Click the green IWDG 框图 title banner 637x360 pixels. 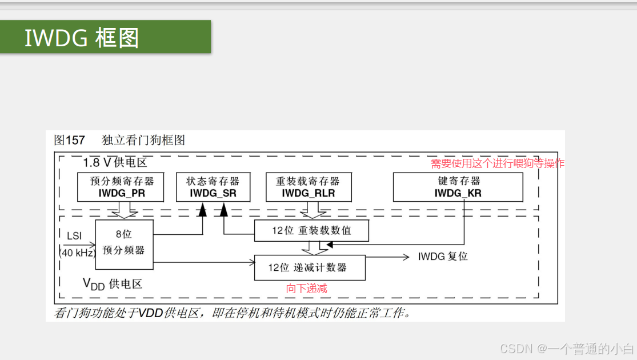click(105, 37)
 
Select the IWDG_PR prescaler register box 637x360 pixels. click(122, 187)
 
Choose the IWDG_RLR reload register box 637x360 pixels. click(309, 187)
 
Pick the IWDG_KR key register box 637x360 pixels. click(458, 187)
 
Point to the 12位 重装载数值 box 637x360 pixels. click(311, 231)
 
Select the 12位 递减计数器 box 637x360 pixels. click(309, 267)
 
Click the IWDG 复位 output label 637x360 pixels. click(443, 257)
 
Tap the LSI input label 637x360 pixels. click(74, 235)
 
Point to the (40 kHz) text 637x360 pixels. click(77, 253)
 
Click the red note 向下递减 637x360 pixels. click(307, 289)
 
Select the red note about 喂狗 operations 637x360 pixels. click(497, 163)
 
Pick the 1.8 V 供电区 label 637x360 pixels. click(115, 162)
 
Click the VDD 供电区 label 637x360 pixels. click(112, 284)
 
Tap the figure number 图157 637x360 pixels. click(69, 140)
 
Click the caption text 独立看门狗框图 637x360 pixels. click(143, 140)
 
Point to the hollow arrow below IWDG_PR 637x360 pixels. click(124, 211)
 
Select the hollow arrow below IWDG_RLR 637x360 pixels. click(313, 211)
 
